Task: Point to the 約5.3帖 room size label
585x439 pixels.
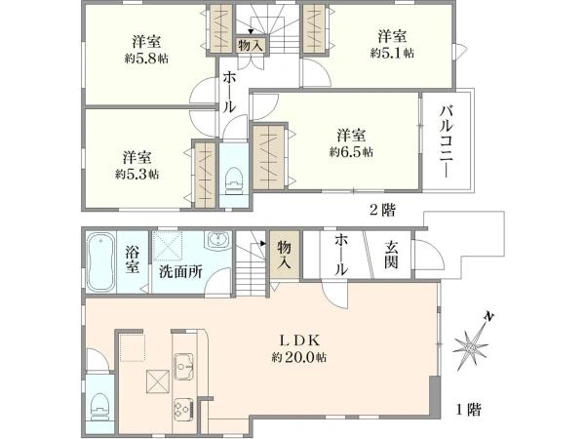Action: click(x=137, y=174)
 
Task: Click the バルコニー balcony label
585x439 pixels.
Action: click(x=445, y=142)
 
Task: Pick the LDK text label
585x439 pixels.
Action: click(x=300, y=340)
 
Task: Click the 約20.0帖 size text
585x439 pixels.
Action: click(x=300, y=358)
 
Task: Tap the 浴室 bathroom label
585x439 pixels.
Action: click(x=134, y=260)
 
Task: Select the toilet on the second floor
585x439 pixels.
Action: click(x=233, y=180)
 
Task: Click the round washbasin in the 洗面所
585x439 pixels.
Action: click(x=217, y=241)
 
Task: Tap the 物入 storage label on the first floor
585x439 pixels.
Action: click(x=284, y=256)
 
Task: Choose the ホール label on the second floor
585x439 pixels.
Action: click(x=228, y=91)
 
